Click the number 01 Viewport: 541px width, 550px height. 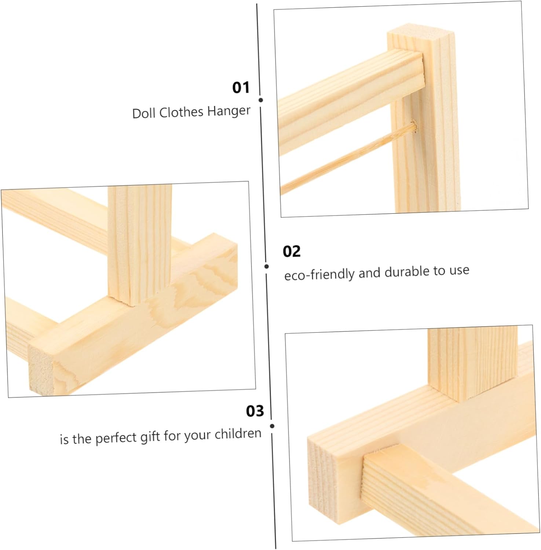coord(241,88)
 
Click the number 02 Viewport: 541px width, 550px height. coord(292,252)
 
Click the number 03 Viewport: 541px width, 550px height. coord(255,411)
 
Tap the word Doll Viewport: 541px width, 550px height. coord(144,113)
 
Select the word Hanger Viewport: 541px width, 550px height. coord(229,111)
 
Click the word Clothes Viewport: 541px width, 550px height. coord(182,112)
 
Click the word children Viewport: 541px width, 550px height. coord(238,434)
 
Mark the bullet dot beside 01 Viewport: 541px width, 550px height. coord(261,100)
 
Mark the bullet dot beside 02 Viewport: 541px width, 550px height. coord(267,267)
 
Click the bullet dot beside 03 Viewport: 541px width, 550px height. coord(272,426)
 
